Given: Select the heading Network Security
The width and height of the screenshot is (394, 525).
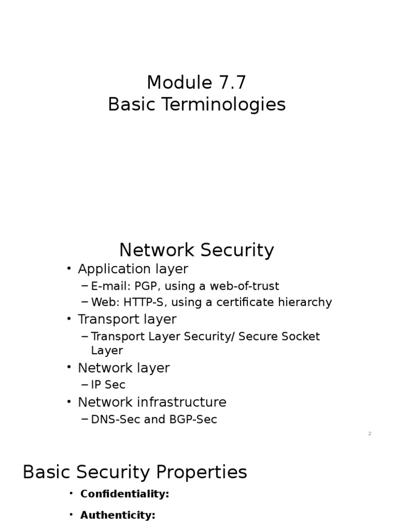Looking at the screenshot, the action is (196, 250).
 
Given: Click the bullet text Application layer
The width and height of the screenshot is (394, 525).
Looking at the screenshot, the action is (133, 269).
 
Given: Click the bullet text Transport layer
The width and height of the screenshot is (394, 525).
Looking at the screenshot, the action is (127, 319).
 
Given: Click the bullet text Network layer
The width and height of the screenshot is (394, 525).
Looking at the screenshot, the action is (124, 368).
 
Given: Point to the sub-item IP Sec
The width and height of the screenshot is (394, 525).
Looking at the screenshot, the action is (108, 385).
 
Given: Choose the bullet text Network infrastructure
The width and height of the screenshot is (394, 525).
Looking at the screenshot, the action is (152, 402).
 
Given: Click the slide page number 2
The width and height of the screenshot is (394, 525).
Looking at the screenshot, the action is (369, 434).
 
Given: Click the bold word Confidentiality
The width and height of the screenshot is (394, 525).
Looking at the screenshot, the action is (125, 494).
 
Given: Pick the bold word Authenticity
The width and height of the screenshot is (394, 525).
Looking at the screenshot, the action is (117, 515).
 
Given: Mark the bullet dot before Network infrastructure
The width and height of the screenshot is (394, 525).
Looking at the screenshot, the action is (69, 402).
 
